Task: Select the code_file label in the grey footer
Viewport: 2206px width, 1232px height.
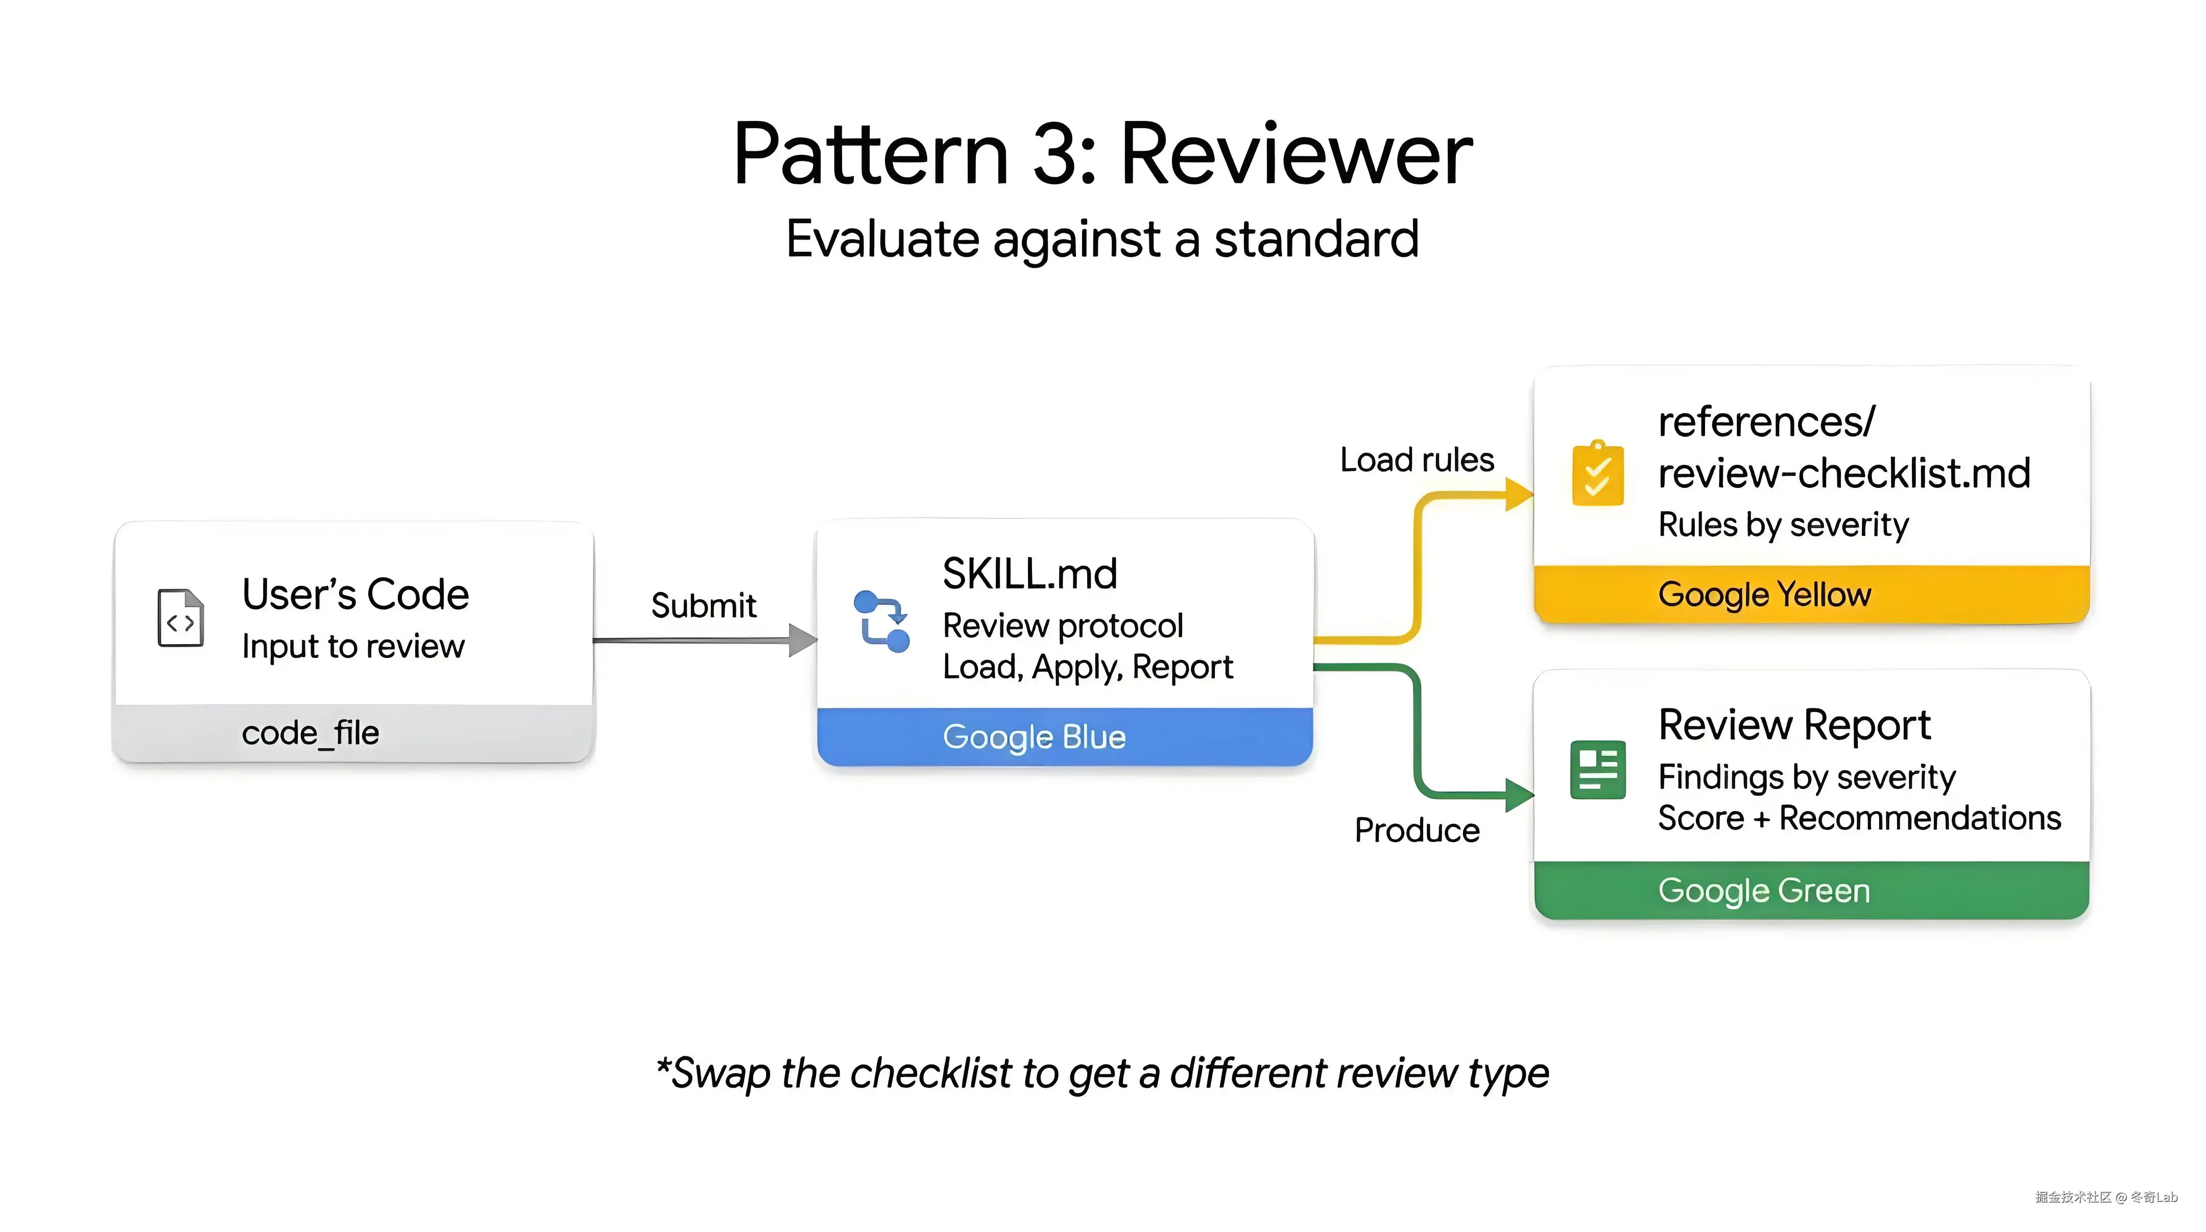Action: click(310, 733)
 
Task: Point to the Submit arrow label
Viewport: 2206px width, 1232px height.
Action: click(703, 606)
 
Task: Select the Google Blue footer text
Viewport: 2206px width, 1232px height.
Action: click(1034, 737)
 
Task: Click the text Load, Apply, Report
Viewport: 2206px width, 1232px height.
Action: click(1087, 667)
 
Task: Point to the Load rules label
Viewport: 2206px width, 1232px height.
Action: click(1417, 460)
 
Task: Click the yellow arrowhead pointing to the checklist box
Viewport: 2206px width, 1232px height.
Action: click(1518, 494)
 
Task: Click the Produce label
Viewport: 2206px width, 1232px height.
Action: click(1417, 830)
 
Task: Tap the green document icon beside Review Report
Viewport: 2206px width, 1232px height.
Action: click(1597, 769)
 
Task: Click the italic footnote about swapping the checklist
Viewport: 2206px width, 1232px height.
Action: click(1102, 1073)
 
